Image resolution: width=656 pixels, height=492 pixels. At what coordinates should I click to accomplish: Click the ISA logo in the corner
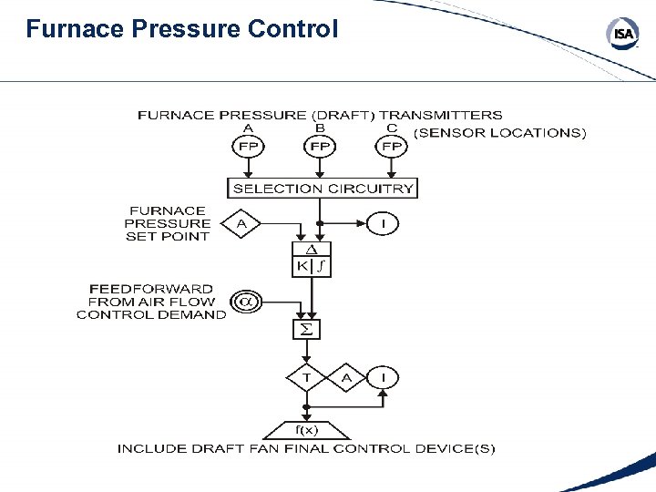coord(623,35)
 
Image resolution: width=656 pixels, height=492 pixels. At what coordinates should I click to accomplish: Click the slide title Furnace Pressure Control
coord(182,29)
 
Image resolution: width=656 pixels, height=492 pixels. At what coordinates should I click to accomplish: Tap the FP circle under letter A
coord(248,146)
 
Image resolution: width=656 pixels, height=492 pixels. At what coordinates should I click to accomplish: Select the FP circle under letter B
coord(320,146)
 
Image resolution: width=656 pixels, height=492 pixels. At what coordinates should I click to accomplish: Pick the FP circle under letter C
coord(392,146)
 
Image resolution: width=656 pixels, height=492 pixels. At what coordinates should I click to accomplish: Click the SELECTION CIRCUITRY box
coord(323,189)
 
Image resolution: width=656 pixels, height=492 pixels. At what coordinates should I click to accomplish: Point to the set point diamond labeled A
coord(241,222)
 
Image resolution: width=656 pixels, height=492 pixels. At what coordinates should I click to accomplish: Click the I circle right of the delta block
coord(384,222)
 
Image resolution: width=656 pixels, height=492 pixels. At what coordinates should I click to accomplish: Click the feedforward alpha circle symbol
coord(244,302)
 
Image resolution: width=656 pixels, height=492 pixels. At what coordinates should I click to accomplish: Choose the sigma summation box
coord(307,329)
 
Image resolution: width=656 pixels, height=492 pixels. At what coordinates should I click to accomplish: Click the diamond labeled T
coord(307,377)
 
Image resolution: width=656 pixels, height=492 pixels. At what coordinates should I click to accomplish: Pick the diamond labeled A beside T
coord(346,377)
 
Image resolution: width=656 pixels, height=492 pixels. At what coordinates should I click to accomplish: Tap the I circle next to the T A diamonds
coord(384,377)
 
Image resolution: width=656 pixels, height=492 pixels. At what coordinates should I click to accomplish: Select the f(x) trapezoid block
coord(306,429)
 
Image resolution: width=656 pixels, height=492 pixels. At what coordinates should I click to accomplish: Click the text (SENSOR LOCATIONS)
coord(500,133)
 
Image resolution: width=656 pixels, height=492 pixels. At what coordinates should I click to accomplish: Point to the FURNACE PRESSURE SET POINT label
coord(168,223)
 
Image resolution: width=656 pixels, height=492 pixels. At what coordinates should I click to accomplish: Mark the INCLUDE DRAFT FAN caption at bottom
coord(306,449)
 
